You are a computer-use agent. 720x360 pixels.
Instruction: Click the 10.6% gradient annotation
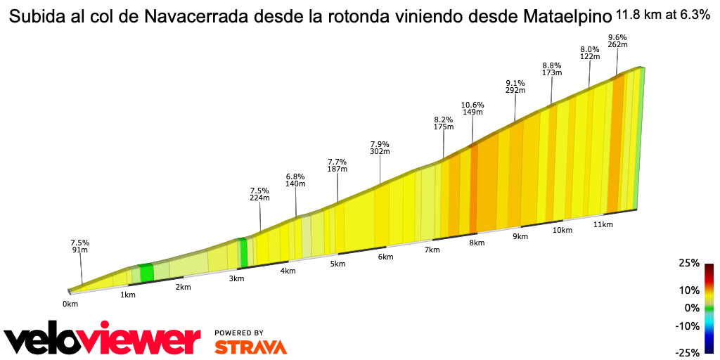point(472,108)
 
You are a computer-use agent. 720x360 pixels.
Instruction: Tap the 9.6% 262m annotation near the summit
point(617,41)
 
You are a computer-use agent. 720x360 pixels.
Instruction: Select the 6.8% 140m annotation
point(295,179)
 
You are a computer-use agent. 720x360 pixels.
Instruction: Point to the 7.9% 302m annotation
point(380,147)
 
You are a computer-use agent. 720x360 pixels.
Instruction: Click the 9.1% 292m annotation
point(515,86)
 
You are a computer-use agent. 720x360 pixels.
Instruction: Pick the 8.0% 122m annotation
point(589,53)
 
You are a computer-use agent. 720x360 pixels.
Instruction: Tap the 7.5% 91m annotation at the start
point(79,246)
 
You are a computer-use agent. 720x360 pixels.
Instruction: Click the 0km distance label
point(70,304)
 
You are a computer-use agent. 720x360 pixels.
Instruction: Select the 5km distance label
point(337,264)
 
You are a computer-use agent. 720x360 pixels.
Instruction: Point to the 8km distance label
point(477,243)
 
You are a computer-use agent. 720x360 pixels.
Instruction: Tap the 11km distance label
point(603,224)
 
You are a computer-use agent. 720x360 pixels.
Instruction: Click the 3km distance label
point(236,278)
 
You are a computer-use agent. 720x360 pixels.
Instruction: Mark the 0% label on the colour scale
point(693,307)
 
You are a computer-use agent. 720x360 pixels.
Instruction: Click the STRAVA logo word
point(250,347)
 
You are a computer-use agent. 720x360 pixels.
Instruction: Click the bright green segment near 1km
point(146,273)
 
